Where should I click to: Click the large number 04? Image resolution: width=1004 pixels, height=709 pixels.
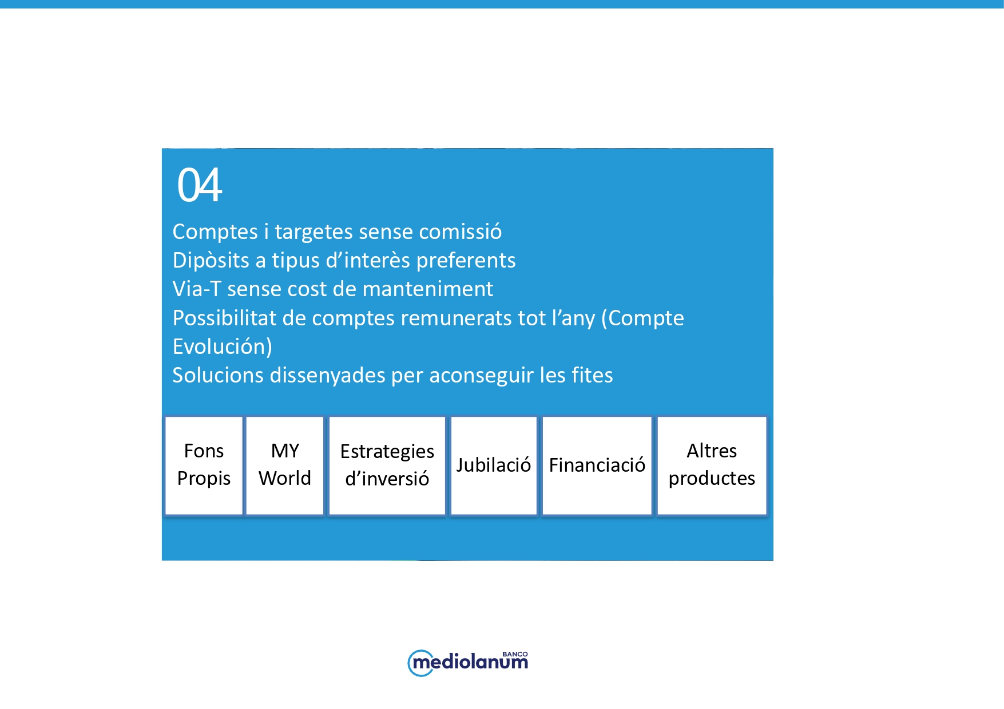[x=200, y=185]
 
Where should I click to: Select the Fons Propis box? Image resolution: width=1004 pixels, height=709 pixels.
[x=204, y=465]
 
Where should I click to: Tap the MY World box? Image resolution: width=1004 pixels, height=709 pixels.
[x=285, y=465]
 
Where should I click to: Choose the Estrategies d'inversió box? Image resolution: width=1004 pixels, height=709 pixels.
[x=387, y=465]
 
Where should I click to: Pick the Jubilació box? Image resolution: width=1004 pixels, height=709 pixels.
[x=494, y=465]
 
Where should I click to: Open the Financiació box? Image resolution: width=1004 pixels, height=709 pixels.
[x=597, y=465]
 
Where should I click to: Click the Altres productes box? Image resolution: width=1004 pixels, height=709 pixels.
[x=712, y=465]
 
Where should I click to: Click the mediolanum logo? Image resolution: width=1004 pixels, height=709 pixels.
[x=468, y=663]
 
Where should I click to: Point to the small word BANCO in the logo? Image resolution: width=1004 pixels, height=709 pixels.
[x=515, y=654]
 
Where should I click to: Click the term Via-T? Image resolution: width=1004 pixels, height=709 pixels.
[x=197, y=289]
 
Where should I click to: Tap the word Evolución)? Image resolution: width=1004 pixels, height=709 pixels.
[x=223, y=346]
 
